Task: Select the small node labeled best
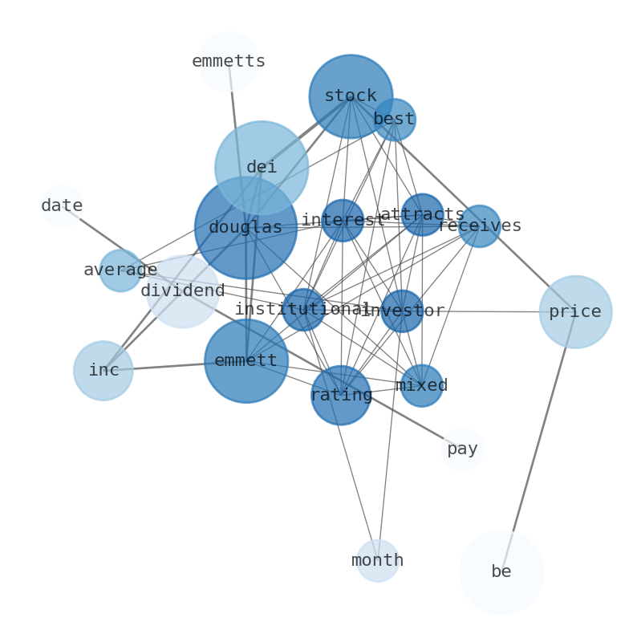tap(394, 120)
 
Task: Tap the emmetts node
tap(229, 61)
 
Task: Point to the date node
tap(62, 206)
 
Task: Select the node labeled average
tap(120, 270)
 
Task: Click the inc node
tap(103, 371)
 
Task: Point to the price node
tap(575, 312)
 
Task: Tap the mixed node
tap(421, 386)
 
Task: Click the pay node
tap(463, 449)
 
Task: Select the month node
tap(378, 561)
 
